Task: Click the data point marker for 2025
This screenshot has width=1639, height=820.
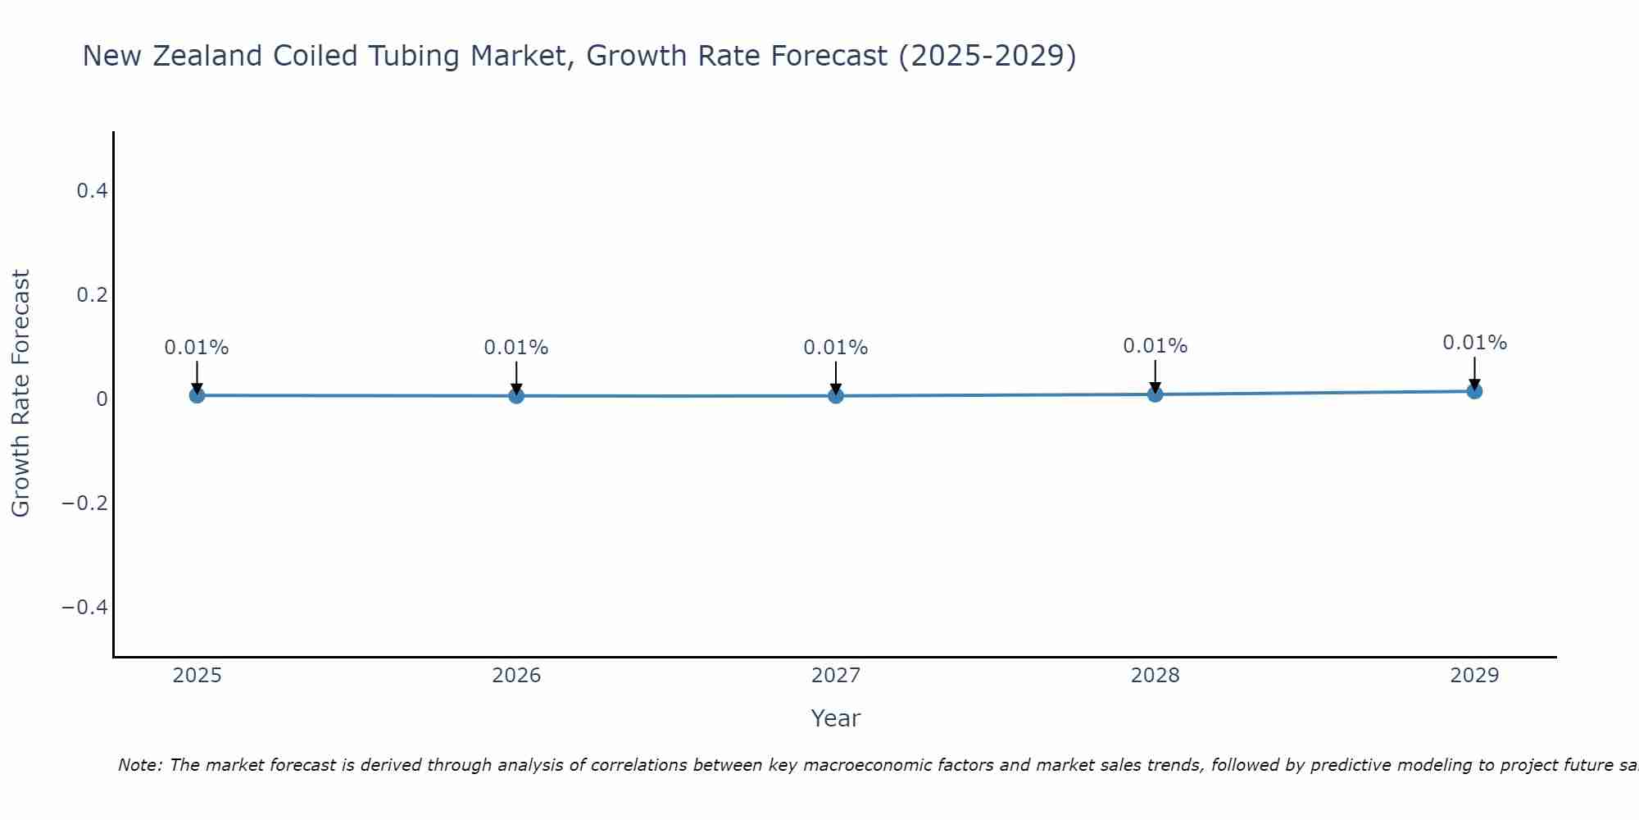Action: point(197,395)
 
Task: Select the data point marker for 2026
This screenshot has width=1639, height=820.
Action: point(516,396)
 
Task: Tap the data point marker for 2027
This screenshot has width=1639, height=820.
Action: point(836,396)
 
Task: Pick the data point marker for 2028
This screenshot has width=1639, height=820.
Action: point(1155,394)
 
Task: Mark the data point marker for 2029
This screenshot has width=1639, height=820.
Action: point(1474,391)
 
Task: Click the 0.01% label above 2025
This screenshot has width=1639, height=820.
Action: point(197,348)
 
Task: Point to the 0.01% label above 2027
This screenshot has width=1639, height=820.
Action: point(836,348)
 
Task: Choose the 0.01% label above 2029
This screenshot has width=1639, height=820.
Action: point(1474,343)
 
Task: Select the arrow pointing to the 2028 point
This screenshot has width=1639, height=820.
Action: point(1155,375)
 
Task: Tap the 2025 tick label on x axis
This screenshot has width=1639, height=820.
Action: point(197,676)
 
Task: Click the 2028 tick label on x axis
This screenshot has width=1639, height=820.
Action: point(1155,676)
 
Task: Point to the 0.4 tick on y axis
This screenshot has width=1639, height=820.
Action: point(92,191)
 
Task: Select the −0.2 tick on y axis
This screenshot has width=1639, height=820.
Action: point(85,503)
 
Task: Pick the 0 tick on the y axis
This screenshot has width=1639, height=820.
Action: point(102,399)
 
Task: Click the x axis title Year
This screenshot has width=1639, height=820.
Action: point(835,718)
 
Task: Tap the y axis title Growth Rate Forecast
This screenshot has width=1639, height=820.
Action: point(20,394)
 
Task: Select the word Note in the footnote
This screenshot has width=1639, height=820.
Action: point(139,765)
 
